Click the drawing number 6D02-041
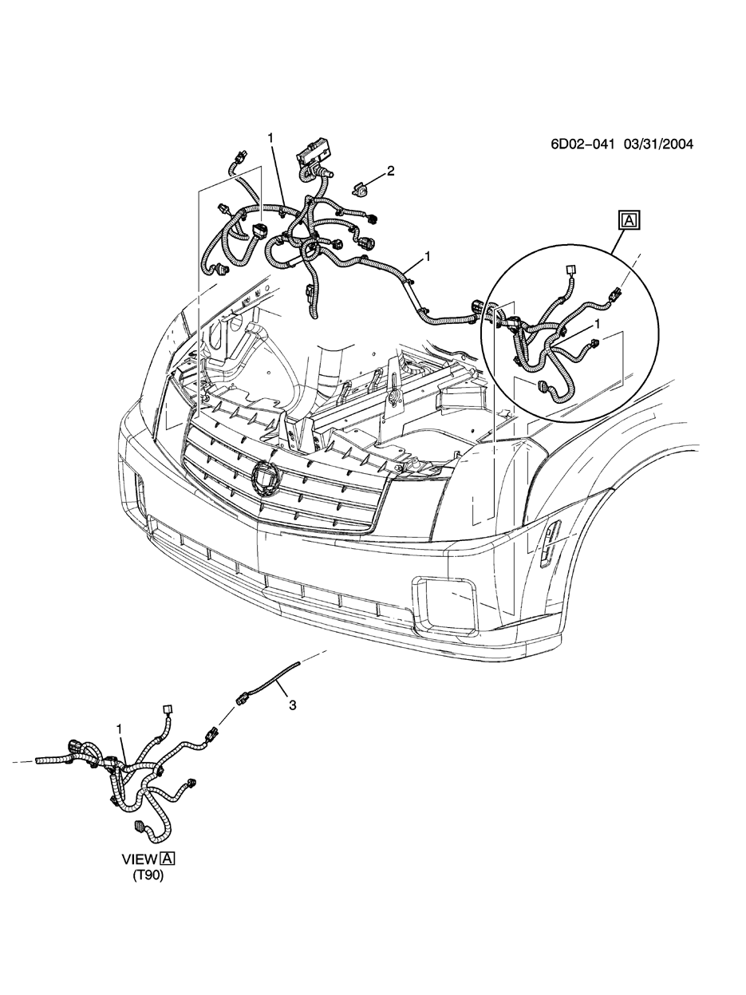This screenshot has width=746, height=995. pos(582,144)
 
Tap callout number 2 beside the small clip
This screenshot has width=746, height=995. pos(390,171)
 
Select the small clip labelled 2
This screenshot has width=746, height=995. pos(361,190)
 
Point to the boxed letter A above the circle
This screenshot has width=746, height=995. pos(629,220)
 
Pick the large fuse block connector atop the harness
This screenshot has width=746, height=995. pos(314,156)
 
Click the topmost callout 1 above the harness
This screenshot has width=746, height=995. pos(270,138)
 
